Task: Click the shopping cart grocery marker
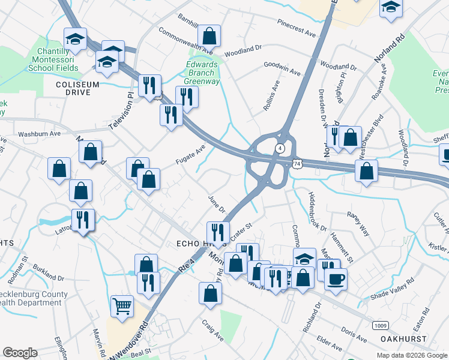(122, 305)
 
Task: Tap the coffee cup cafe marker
(336, 278)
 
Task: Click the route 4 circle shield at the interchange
(280, 148)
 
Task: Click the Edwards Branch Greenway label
(201, 73)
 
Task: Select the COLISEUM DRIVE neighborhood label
(77, 85)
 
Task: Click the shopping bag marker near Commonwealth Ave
(209, 35)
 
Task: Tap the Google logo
(20, 353)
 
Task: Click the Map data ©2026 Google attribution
(412, 355)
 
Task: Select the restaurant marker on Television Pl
(149, 85)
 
